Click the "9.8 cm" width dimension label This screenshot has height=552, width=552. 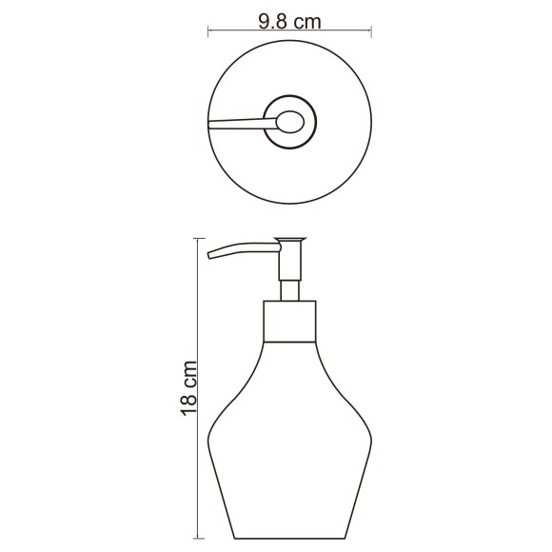pyautogui.click(x=288, y=22)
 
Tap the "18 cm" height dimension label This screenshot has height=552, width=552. pyautogui.click(x=189, y=387)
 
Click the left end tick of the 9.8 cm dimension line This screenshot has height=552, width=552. pyautogui.click(x=208, y=32)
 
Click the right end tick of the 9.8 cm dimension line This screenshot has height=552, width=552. pyautogui.click(x=371, y=32)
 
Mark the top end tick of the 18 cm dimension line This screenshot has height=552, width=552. pyautogui.click(x=198, y=237)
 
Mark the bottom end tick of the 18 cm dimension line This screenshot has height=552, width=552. pyautogui.click(x=198, y=538)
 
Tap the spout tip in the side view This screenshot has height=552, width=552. pyautogui.click(x=210, y=255)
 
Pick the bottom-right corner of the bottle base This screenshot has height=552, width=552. pyautogui.click(x=346, y=536)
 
